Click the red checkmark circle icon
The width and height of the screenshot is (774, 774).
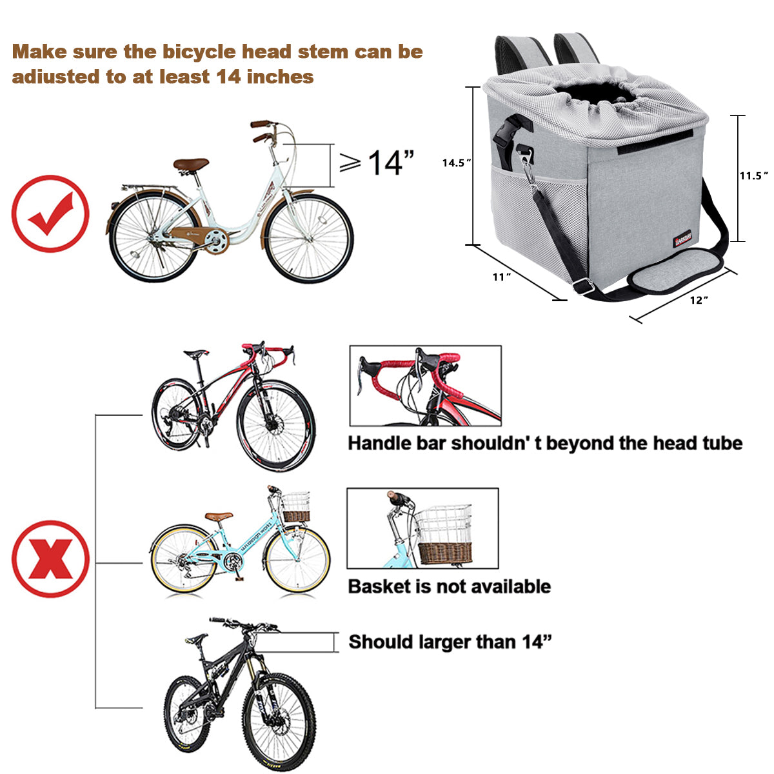[x=50, y=213]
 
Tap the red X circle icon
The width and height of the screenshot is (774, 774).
[x=50, y=559]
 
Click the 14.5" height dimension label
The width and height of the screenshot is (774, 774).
[x=457, y=163]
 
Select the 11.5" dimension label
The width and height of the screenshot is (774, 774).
[x=753, y=175]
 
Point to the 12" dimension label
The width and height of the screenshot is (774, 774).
[x=699, y=300]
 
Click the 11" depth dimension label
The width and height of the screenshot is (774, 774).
[x=502, y=277]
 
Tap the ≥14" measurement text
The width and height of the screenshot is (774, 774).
[x=377, y=163]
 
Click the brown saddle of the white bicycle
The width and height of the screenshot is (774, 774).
[x=191, y=164]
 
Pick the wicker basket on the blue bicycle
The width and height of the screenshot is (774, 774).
[x=296, y=510]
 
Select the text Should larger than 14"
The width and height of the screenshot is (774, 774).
[x=450, y=642]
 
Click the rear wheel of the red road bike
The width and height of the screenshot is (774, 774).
[x=174, y=413]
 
